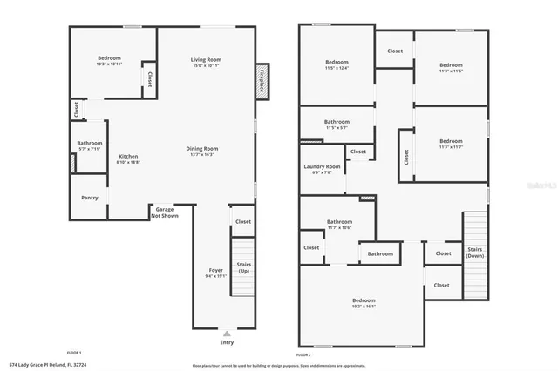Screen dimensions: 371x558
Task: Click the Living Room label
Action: (x=207, y=59)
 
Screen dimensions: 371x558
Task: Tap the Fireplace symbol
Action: (x=260, y=80)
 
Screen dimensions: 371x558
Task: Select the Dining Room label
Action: (x=201, y=149)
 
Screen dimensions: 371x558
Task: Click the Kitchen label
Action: (x=129, y=157)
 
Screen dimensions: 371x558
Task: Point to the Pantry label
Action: (x=90, y=198)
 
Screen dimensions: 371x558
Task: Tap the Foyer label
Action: (x=215, y=271)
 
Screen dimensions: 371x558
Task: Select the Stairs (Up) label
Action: (x=244, y=268)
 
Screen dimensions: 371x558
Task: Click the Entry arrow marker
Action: (x=228, y=334)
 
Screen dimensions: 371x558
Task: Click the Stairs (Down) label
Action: (x=475, y=253)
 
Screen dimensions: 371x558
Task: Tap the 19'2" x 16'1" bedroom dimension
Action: (x=364, y=306)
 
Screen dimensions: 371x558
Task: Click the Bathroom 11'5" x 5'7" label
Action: (x=337, y=122)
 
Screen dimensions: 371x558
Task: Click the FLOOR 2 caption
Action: (x=303, y=355)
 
